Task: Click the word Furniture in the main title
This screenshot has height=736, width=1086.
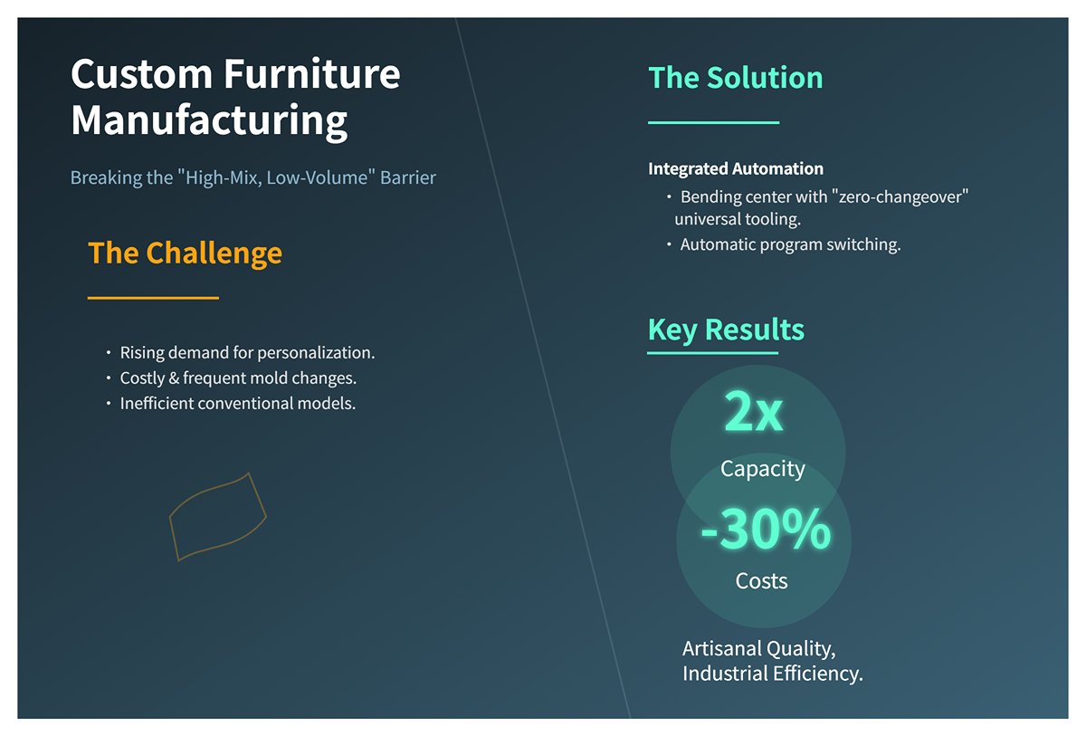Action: pyautogui.click(x=311, y=73)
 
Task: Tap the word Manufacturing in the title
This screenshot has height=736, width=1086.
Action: pyautogui.click(x=209, y=121)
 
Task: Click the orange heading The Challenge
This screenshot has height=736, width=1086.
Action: pyautogui.click(x=185, y=253)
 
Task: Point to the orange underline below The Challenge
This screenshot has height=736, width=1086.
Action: pyautogui.click(x=153, y=298)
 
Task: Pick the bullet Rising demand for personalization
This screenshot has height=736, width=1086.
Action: pyautogui.click(x=247, y=352)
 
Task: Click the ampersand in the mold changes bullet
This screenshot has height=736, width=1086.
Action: pyautogui.click(x=174, y=378)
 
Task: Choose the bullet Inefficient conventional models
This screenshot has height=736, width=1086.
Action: pyautogui.click(x=237, y=404)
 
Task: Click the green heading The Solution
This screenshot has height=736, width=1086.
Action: pyautogui.click(x=736, y=78)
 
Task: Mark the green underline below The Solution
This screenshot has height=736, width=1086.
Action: pyautogui.click(x=714, y=123)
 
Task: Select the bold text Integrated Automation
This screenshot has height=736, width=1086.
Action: pyautogui.click(x=736, y=168)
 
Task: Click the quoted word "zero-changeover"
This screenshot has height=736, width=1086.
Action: pyautogui.click(x=900, y=196)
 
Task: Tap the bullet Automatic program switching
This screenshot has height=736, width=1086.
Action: pyautogui.click(x=790, y=244)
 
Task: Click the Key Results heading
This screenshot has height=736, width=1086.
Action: pyautogui.click(x=726, y=330)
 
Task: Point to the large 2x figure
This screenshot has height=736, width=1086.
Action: pyautogui.click(x=753, y=411)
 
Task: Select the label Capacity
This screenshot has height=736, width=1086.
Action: pyautogui.click(x=763, y=469)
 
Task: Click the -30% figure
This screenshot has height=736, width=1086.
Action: pyautogui.click(x=766, y=530)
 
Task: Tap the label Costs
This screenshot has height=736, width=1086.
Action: pyautogui.click(x=761, y=581)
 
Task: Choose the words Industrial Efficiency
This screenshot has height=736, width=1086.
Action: pyautogui.click(x=773, y=674)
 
